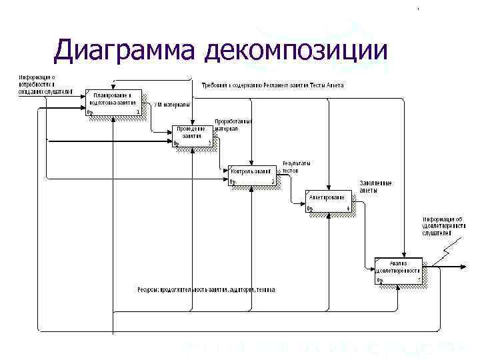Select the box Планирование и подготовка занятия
(x=114, y=101)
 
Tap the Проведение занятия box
(x=193, y=136)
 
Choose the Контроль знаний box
(x=251, y=174)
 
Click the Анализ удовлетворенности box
(x=398, y=271)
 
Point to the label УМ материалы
(x=172, y=105)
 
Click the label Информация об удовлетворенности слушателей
(x=442, y=226)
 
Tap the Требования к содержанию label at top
(x=273, y=86)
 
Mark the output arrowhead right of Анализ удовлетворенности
(x=462, y=267)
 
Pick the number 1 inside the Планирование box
(x=137, y=112)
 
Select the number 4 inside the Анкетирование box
(x=348, y=209)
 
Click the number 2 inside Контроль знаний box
(x=272, y=181)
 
